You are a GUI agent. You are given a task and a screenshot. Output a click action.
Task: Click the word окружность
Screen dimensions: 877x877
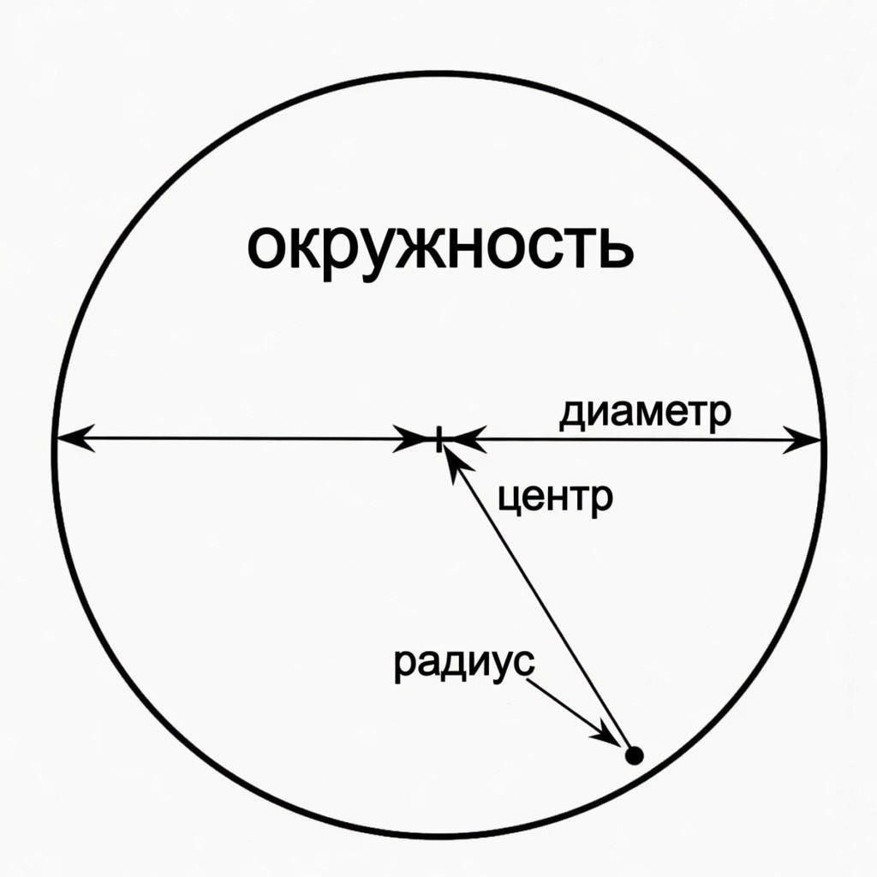(440, 248)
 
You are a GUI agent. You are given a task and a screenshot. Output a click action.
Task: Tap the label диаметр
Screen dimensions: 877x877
(645, 415)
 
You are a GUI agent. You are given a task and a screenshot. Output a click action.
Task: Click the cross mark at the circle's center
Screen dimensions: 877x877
(439, 438)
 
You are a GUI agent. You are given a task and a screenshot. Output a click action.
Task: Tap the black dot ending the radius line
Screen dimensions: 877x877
(634, 755)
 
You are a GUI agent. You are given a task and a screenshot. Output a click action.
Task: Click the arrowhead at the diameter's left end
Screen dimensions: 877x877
(75, 438)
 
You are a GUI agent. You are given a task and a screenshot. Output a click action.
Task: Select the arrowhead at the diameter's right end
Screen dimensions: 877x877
(802, 439)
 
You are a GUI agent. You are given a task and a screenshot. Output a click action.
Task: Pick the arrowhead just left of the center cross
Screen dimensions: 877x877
(412, 438)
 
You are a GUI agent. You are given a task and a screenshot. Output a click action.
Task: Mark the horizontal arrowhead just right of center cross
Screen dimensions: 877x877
(467, 439)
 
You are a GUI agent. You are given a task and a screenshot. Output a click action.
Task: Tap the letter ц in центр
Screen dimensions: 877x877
(510, 497)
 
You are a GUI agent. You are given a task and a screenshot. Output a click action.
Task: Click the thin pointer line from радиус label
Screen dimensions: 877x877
(574, 712)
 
